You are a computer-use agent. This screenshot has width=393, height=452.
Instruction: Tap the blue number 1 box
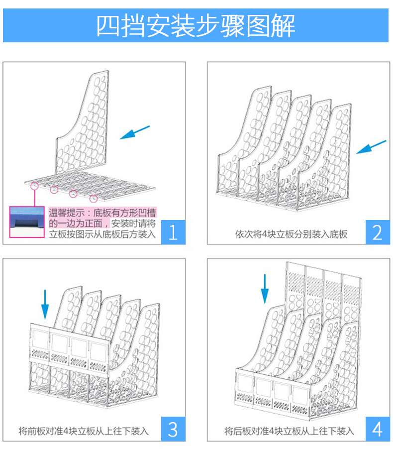(x=173, y=232)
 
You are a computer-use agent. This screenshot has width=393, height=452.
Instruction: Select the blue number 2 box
(x=378, y=232)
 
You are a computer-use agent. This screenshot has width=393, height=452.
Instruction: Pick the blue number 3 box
(x=173, y=429)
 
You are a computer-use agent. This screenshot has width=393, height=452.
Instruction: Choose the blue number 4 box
(x=378, y=429)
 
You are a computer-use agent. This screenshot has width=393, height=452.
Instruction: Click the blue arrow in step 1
(x=135, y=132)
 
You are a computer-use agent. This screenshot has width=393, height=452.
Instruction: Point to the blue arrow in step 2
(x=371, y=147)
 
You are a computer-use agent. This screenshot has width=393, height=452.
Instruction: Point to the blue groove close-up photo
(x=27, y=222)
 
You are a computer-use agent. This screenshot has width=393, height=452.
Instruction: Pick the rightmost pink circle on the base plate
(x=94, y=199)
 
